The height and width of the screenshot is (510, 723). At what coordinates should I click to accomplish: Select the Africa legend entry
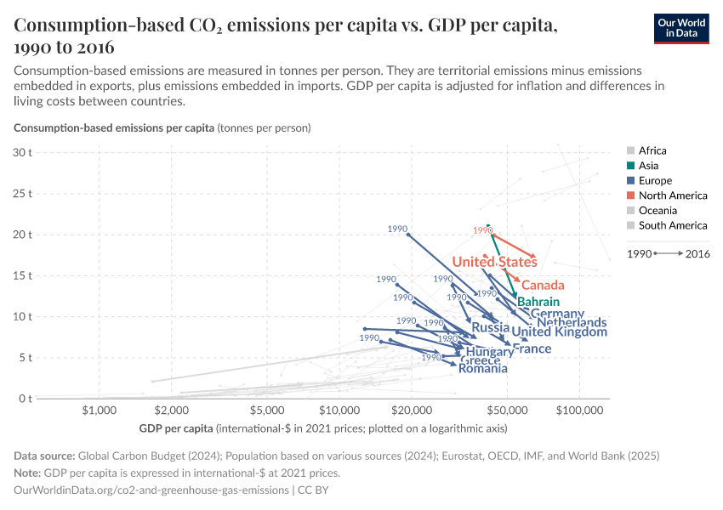(652, 150)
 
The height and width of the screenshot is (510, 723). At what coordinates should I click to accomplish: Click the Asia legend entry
(647, 166)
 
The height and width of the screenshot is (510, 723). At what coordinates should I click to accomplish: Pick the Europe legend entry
(655, 180)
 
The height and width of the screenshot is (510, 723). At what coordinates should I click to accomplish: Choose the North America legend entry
(672, 195)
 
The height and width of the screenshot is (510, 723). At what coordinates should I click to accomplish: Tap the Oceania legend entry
(658, 210)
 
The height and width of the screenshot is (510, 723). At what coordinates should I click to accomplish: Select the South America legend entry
(672, 225)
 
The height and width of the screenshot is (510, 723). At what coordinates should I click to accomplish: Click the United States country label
(494, 262)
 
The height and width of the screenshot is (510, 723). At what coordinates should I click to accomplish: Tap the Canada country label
(543, 285)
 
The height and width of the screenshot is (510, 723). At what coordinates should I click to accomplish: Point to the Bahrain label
(538, 302)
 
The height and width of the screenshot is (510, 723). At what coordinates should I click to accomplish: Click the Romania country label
(482, 368)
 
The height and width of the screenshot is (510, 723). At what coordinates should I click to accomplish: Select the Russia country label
(490, 327)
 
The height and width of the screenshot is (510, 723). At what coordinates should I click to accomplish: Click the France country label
(532, 348)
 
